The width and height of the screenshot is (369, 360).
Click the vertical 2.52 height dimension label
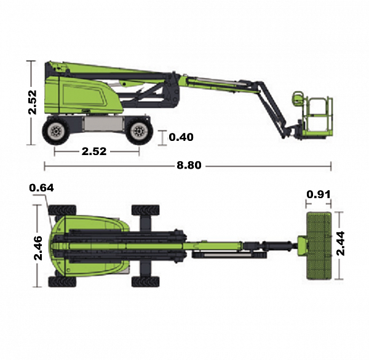[x=33, y=102]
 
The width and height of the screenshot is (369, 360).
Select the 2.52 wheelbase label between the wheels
[x=94, y=151]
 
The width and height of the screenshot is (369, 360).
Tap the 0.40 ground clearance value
[x=181, y=137]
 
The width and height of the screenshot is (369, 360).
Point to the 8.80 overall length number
[x=189, y=166]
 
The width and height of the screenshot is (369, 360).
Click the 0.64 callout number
[x=41, y=188]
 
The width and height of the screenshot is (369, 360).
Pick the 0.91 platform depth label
[x=319, y=194]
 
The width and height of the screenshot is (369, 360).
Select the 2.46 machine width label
[x=38, y=248]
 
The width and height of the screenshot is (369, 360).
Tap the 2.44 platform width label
[x=341, y=244]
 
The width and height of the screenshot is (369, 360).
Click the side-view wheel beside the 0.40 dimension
[x=139, y=131]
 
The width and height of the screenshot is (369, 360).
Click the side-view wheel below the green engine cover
[x=56, y=131]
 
